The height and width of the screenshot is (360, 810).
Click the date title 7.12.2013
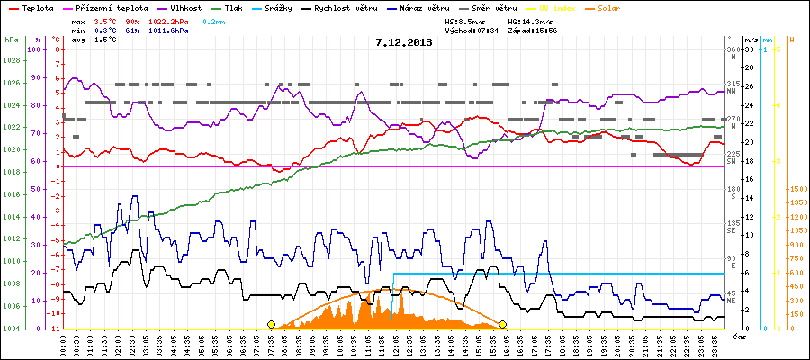tap(404, 41)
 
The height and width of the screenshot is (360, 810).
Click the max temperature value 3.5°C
tap(105, 20)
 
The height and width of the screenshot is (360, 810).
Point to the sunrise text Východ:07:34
tap(473, 31)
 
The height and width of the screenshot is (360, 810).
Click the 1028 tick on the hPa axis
tap(11, 61)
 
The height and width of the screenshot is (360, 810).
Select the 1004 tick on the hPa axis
tap(11, 328)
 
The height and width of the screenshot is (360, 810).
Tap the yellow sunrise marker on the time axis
tap(271, 324)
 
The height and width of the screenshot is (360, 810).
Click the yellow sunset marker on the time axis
tap(502, 324)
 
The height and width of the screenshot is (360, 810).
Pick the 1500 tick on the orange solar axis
tap(796, 189)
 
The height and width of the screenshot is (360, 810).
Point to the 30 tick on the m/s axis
tap(749, 50)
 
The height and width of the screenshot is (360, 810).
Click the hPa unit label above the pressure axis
tap(11, 40)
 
